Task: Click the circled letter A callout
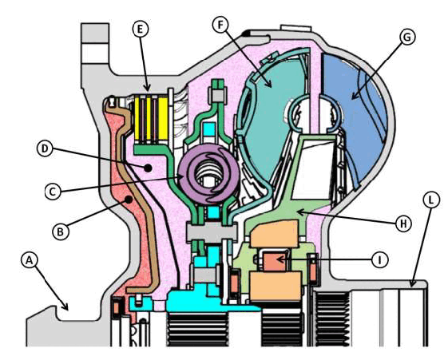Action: pos(29,260)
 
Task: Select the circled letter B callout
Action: pos(60,231)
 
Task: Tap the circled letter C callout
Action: pos(53,192)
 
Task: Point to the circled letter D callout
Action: pos(45,148)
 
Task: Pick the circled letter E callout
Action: pos(140,29)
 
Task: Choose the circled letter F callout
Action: pos(220,25)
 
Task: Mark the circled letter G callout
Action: pos(406,37)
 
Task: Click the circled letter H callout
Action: pos(403,224)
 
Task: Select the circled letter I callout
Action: pos(379,259)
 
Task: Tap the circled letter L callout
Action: pos(431,200)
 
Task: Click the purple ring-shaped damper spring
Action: pos(208,174)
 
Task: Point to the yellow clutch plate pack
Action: pos(151,119)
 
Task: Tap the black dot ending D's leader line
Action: pos(148,168)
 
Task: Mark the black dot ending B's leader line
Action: pos(129,200)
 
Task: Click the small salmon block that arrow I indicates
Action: pos(274,262)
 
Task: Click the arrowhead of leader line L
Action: pos(412,283)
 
